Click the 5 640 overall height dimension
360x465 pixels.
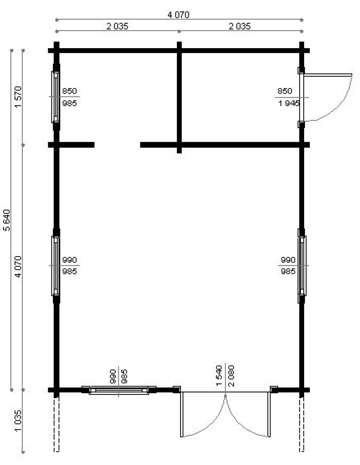(x=7, y=220)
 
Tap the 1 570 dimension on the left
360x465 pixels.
(x=18, y=97)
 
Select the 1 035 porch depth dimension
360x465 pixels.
(x=18, y=421)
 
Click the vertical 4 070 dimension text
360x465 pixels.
(x=18, y=267)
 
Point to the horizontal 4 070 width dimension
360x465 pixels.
(x=178, y=15)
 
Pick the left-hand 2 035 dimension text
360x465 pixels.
(x=117, y=26)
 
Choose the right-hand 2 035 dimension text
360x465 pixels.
(x=239, y=26)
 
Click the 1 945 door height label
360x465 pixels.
(x=289, y=104)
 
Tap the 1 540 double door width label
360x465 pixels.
(x=219, y=375)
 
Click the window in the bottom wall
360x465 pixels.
(x=119, y=390)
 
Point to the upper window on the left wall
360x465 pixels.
(x=55, y=97)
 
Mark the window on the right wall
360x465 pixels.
(x=302, y=266)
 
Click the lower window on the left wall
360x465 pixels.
(x=55, y=266)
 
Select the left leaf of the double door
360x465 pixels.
(x=182, y=414)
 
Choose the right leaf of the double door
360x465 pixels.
(x=269, y=414)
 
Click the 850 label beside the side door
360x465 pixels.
(x=285, y=91)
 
